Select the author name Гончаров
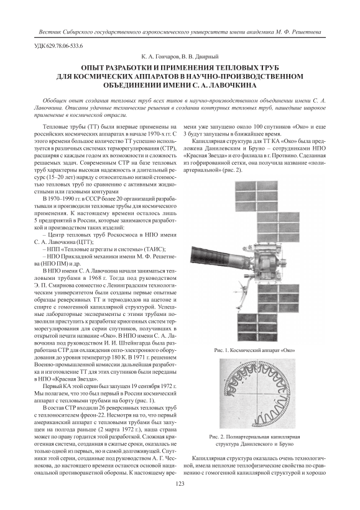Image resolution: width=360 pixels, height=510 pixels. point(165,57)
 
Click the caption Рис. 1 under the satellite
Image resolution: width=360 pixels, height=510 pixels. point(255,351)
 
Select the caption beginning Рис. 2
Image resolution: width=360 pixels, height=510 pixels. point(255,440)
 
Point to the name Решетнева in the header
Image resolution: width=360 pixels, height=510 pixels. point(307,32)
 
